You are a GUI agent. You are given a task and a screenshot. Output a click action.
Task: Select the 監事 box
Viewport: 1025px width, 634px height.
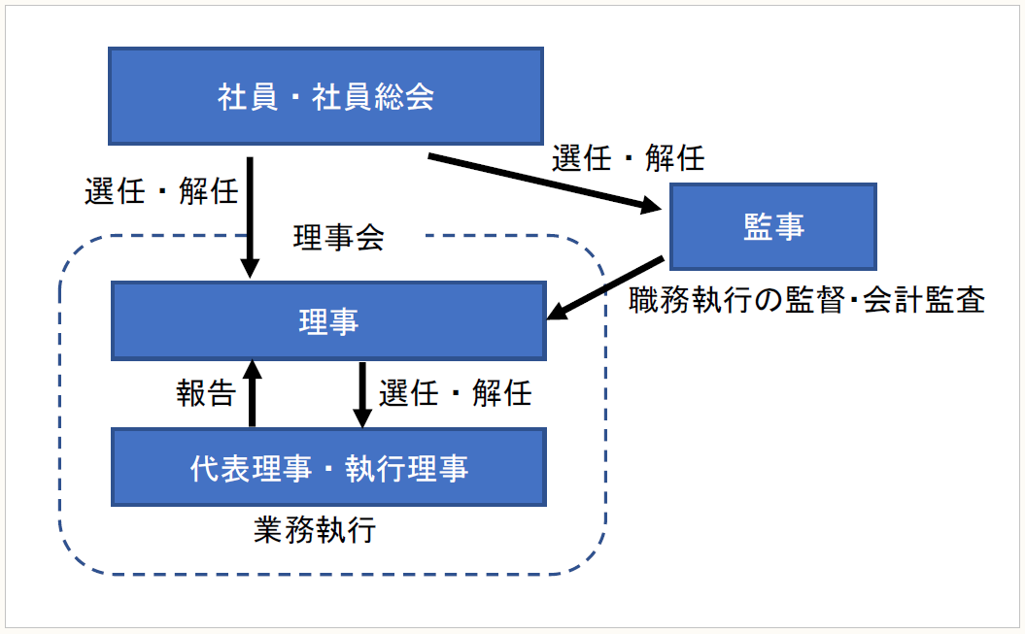pyautogui.click(x=773, y=226)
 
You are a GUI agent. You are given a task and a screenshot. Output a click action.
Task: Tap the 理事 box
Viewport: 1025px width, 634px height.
pyautogui.click(x=328, y=321)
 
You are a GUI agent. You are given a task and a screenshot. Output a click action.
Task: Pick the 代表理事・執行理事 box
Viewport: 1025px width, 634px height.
pyautogui.click(x=328, y=467)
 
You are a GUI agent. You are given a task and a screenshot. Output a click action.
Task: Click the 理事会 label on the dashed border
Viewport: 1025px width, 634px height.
pyautogui.click(x=338, y=237)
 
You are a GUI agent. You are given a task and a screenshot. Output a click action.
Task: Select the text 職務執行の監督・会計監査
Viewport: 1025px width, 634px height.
pyautogui.click(x=806, y=300)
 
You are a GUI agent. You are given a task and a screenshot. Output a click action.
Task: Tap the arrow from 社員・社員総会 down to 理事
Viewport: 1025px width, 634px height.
pyautogui.click(x=251, y=217)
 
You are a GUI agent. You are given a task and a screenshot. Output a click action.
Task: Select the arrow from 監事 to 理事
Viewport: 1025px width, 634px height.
pyautogui.click(x=606, y=288)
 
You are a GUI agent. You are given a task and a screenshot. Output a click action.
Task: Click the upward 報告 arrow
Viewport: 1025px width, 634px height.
pyautogui.click(x=253, y=392)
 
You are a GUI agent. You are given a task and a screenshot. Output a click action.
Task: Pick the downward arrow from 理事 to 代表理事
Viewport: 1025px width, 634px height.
pyautogui.click(x=362, y=394)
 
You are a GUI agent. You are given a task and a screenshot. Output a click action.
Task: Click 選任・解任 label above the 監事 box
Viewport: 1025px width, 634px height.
pyautogui.click(x=628, y=157)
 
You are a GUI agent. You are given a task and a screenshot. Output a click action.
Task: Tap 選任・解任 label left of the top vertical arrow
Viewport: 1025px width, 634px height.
pyautogui.click(x=161, y=191)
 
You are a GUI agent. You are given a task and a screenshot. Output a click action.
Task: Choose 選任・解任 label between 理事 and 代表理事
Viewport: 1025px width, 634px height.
pyautogui.click(x=455, y=392)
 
